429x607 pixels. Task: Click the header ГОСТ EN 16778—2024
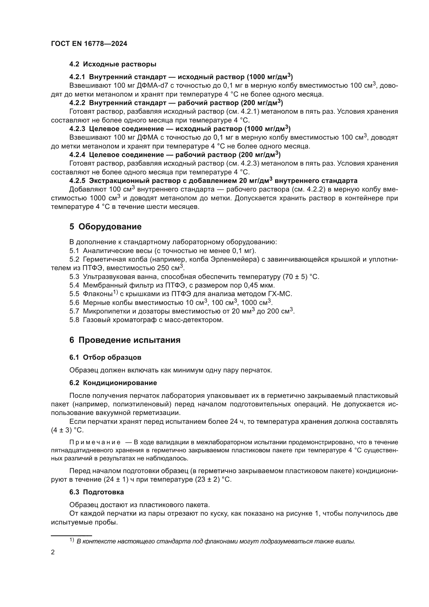(89, 44)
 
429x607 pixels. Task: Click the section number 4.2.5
(77, 181)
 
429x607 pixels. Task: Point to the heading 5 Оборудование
(105, 227)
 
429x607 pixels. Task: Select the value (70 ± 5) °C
(301, 277)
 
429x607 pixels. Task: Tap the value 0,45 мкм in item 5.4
(259, 285)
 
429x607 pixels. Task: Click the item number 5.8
(74, 320)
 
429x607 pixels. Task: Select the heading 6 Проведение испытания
(125, 340)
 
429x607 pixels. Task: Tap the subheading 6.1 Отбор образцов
(105, 357)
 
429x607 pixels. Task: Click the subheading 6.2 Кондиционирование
(113, 383)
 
